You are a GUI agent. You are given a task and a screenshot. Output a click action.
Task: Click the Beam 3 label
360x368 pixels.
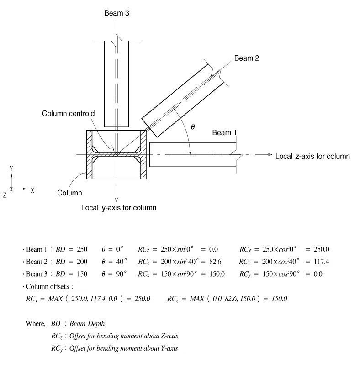click(117, 13)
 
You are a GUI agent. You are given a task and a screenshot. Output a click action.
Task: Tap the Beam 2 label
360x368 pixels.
click(247, 58)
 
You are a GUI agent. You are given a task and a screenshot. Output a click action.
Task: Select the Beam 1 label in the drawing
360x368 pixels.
click(225, 133)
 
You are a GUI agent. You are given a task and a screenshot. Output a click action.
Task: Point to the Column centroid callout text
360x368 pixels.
click(67, 113)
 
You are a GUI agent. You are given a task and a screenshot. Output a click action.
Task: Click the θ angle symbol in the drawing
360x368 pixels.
click(192, 127)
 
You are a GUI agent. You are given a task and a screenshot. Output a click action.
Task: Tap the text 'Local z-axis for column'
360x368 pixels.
click(312, 156)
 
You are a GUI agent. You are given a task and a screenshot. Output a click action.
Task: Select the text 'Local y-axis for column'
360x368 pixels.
click(119, 208)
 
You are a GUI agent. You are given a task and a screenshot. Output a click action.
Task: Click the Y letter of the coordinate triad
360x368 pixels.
click(11, 168)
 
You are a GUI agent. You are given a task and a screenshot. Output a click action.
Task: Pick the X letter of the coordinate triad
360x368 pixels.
click(32, 189)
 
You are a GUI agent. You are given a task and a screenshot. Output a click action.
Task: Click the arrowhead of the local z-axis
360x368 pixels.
click(270, 155)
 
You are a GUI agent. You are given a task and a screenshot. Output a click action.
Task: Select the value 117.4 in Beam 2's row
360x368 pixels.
click(320, 262)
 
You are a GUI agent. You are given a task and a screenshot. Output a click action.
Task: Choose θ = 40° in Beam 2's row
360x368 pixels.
click(114, 262)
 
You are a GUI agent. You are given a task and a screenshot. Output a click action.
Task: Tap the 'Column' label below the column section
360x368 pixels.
click(69, 193)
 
